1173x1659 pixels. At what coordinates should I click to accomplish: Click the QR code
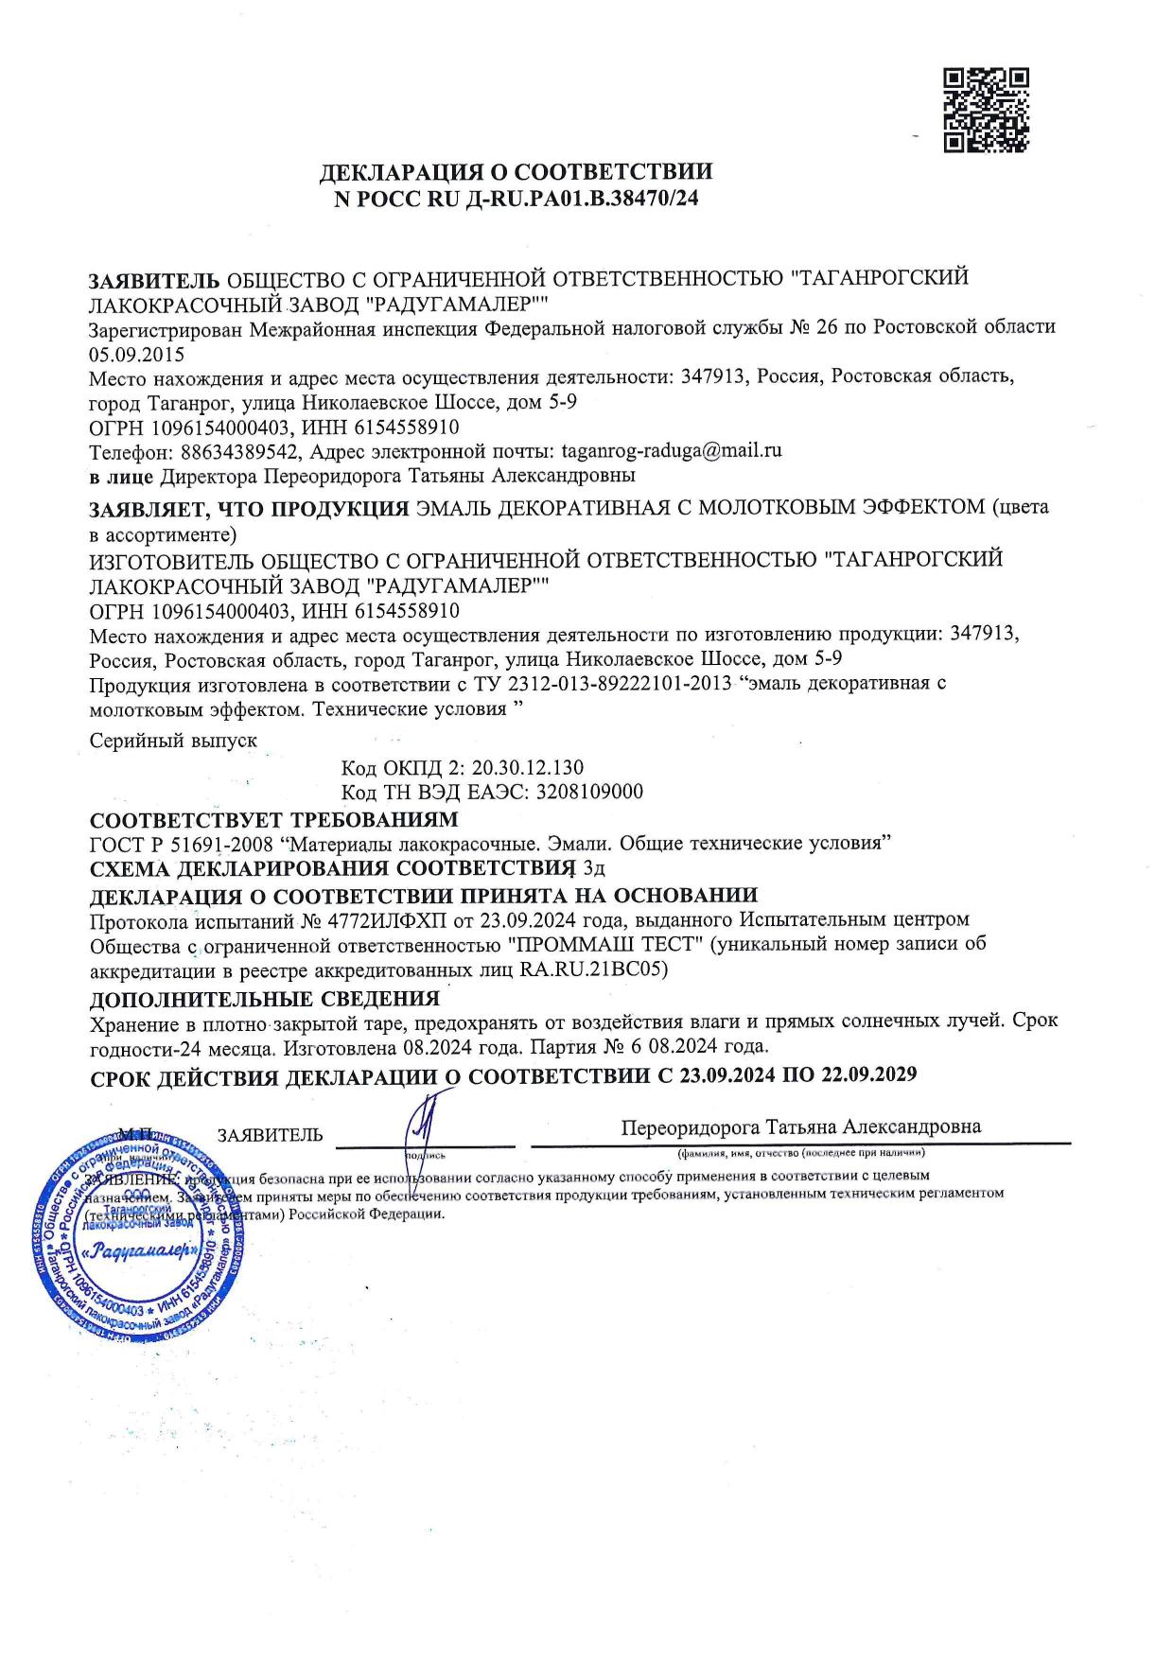[987, 110]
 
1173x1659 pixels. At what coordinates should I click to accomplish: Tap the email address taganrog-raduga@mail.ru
[672, 450]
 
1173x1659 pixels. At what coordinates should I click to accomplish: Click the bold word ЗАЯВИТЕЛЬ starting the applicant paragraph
[154, 280]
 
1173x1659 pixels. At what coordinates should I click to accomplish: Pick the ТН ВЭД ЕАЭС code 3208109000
[588, 791]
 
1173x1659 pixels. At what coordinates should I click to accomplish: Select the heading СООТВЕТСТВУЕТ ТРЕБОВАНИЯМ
[273, 818]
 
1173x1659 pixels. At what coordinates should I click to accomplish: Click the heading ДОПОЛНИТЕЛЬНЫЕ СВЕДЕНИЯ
[264, 999]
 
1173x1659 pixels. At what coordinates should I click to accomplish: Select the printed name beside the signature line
[800, 1126]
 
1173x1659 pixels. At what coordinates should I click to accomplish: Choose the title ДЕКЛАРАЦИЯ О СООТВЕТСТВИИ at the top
[516, 172]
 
